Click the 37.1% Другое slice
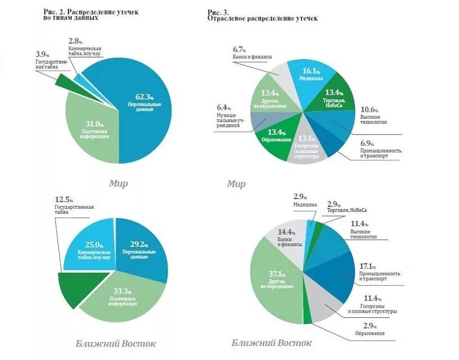point(274,278)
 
